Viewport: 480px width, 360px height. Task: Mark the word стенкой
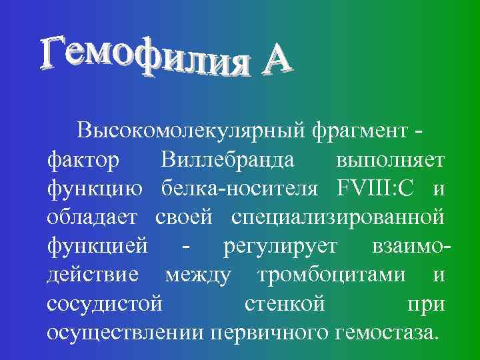point(284,305)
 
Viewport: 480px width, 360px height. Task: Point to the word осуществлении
point(126,333)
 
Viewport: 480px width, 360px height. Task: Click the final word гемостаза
point(379,333)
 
